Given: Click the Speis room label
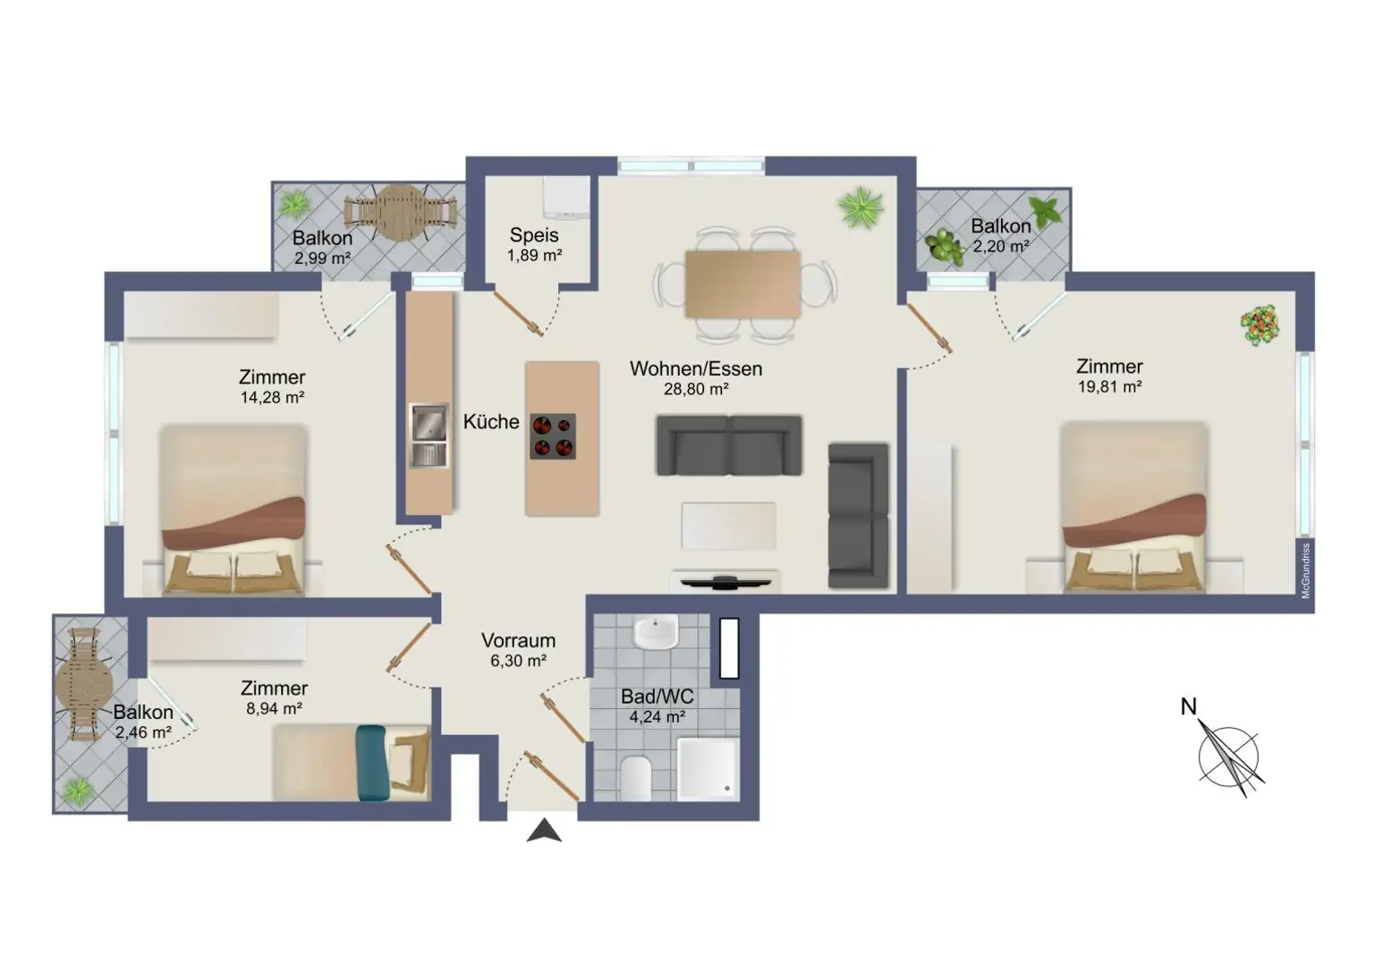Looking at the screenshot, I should click(x=534, y=235).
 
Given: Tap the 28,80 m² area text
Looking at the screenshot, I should click(x=695, y=390).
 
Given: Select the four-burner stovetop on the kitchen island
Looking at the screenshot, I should click(x=553, y=436).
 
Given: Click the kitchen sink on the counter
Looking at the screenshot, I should click(x=428, y=435).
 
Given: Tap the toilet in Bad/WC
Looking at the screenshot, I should click(x=636, y=776).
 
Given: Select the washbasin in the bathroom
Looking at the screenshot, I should click(x=656, y=633).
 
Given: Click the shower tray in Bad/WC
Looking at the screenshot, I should click(x=708, y=768).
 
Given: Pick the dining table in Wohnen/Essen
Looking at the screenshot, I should click(x=742, y=283).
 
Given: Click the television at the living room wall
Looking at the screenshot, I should click(x=725, y=582).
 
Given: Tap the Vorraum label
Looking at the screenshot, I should click(x=518, y=640).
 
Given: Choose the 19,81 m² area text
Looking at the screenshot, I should click(x=1109, y=387).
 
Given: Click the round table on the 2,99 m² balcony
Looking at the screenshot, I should click(x=402, y=212).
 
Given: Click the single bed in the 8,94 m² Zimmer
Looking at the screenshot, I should click(x=352, y=763).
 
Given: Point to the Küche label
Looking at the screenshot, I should click(x=490, y=421).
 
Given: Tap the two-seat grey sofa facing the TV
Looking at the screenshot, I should click(x=729, y=444).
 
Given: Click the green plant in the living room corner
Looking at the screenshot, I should click(x=861, y=207).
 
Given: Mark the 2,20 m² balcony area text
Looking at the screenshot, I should click(x=1000, y=246).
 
